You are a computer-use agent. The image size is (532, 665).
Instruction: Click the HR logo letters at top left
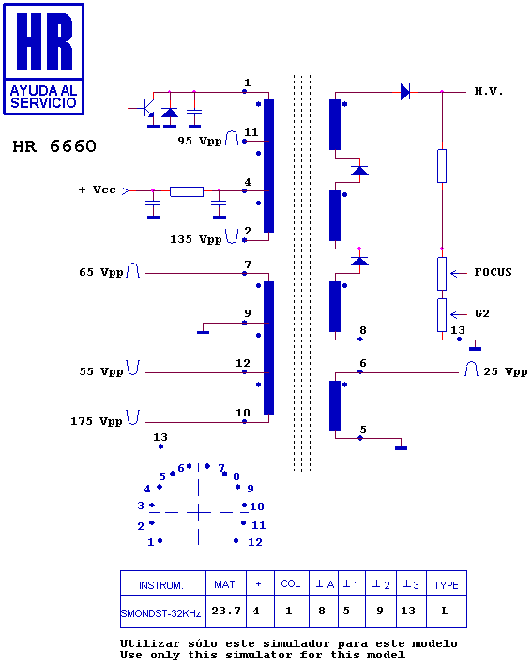[x=44, y=41]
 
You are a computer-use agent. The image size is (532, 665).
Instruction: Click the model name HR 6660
[x=54, y=146]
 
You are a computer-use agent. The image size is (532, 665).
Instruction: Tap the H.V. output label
[x=489, y=91]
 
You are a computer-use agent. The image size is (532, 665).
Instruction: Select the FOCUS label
[x=493, y=272]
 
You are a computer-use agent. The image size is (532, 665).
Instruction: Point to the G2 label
[x=482, y=313]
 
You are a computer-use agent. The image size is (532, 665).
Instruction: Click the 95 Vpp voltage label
[x=200, y=141]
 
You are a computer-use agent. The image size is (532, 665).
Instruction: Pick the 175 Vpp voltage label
[x=97, y=421]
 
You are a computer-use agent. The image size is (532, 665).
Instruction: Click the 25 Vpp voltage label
[x=506, y=371]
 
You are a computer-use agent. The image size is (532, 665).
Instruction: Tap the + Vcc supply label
[x=98, y=189]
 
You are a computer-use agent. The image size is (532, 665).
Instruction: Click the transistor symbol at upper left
[x=147, y=108]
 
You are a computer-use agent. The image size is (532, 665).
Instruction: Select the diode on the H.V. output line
[x=405, y=92]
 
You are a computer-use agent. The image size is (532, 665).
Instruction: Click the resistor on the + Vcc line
[x=187, y=191]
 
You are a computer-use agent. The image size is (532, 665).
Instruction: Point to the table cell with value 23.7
[x=226, y=611]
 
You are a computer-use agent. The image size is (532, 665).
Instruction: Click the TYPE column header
[x=446, y=585]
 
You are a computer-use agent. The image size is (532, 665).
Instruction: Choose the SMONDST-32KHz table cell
[x=160, y=613]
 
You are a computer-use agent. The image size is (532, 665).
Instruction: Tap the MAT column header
[x=224, y=584]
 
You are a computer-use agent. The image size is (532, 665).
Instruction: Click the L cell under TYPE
[x=446, y=611]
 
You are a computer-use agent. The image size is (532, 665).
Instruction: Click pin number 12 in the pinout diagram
[x=255, y=542]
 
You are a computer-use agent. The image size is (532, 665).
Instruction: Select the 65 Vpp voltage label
[x=101, y=272]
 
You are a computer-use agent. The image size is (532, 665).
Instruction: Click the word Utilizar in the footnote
[x=150, y=643]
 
